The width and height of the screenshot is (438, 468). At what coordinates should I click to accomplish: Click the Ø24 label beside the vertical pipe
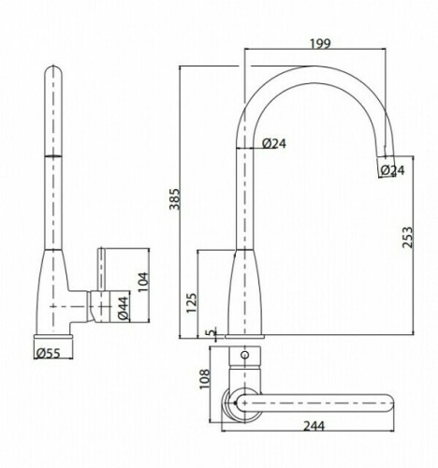coord(275,143)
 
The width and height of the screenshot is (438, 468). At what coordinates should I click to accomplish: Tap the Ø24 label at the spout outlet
coord(392,169)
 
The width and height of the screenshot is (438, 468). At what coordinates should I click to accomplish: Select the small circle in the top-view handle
coord(245,357)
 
